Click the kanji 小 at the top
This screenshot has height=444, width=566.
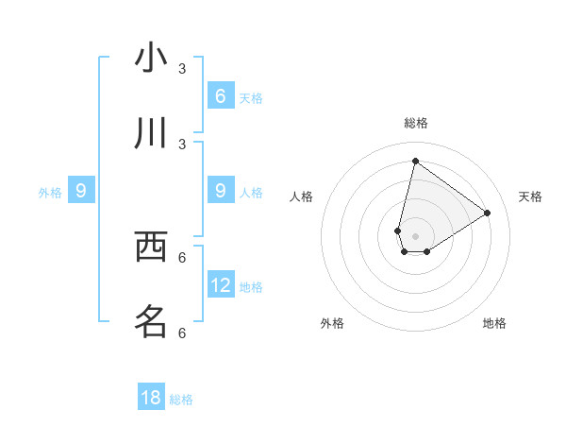pos(151,59)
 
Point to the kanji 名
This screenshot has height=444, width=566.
pos(151,322)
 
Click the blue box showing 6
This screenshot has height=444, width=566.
pos(221,95)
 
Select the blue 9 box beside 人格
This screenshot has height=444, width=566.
pos(221,191)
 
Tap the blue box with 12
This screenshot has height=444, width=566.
pos(221,284)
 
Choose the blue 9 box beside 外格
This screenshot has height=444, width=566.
pos(81,191)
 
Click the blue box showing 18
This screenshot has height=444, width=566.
pos(151,398)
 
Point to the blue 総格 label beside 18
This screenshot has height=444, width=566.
pos(181,400)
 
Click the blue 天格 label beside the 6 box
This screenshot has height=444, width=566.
pos(250,97)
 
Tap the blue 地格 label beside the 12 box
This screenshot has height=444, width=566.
pos(251,286)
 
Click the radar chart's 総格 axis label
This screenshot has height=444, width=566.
pos(416,123)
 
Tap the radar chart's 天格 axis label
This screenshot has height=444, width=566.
pos(531,196)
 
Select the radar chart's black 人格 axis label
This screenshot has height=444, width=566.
pos(302,196)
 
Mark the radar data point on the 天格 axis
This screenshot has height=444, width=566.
pos(488,213)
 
